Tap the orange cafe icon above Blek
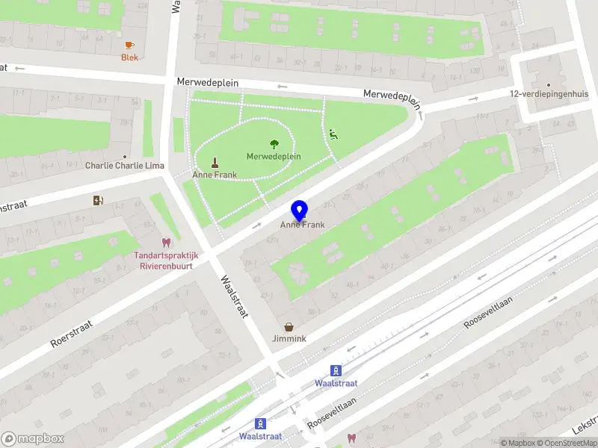[x=130, y=45]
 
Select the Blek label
[x=130, y=57]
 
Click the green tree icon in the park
[x=274, y=144]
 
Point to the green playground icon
[x=333, y=134]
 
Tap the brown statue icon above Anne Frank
[x=215, y=162]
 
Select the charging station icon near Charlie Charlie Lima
[x=97, y=199]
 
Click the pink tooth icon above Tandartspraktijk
[x=165, y=243]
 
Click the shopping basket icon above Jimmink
[x=289, y=326]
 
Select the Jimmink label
[x=289, y=338]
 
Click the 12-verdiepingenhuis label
[x=547, y=94]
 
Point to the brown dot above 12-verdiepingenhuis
[x=548, y=84]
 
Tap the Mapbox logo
[x=32, y=439]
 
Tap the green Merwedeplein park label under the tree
[x=274, y=157]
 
